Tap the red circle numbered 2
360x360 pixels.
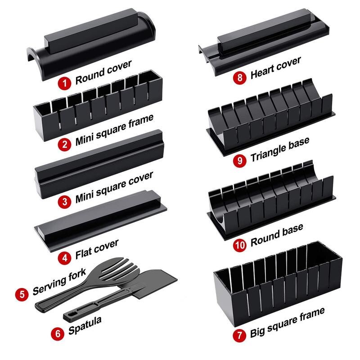pos(66,144)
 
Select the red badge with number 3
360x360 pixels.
pos(66,201)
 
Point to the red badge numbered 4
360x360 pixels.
pos(66,258)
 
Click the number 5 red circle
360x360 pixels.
pos(22,295)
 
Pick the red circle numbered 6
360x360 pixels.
pos(58,334)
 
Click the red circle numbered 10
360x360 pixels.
pos(239,246)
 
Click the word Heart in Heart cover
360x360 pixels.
pos(264,71)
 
